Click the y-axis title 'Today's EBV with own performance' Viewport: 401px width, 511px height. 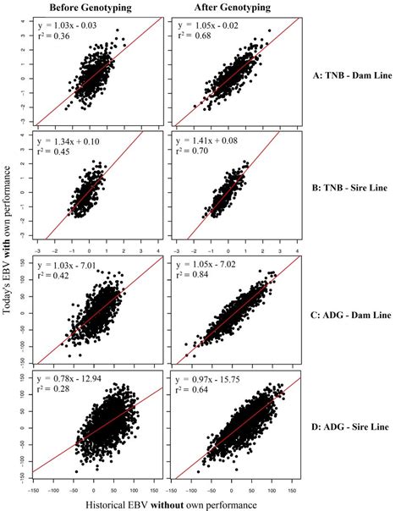coord(8,254)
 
